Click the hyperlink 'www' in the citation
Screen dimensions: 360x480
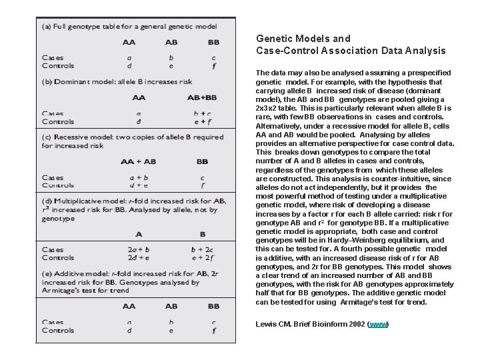pos(378,325)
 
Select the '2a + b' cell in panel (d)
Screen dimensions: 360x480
pos(139,249)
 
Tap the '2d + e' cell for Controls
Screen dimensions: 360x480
pos(139,257)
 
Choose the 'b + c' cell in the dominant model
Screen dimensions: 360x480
pos(203,114)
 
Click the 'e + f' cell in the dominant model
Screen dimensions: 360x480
pos(203,121)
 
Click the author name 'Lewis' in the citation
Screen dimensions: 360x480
pos(267,325)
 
